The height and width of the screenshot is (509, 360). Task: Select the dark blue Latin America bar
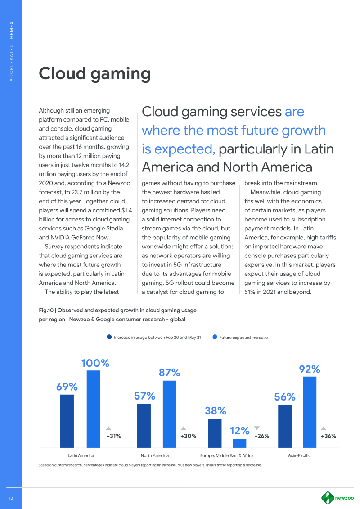67,421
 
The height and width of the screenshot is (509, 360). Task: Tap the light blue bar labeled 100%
93,409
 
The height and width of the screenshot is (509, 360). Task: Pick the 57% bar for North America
144,425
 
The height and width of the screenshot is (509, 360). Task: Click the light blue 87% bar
169,414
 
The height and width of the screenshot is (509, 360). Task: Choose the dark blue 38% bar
215,433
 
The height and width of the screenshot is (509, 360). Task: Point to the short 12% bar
239,443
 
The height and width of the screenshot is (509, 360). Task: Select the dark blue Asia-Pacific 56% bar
285,426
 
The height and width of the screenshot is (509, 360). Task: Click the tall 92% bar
310,412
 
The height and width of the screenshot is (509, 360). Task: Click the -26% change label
262,436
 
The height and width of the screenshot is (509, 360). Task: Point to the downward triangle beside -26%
257,428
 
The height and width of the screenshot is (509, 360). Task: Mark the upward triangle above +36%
324,428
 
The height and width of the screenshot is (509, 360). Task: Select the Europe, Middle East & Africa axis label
227,456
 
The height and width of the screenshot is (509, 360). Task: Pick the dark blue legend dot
109,337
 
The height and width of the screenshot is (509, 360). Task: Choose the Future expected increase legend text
243,337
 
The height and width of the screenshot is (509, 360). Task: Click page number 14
11,498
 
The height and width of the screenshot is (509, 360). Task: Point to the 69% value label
67,387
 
